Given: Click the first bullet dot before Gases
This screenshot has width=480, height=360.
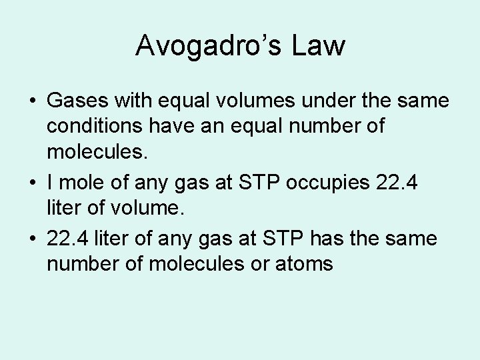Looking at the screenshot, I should (x=32, y=102).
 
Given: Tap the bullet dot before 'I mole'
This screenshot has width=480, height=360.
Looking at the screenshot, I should (x=32, y=182).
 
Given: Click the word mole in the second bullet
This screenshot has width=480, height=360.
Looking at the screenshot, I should (x=83, y=181).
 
